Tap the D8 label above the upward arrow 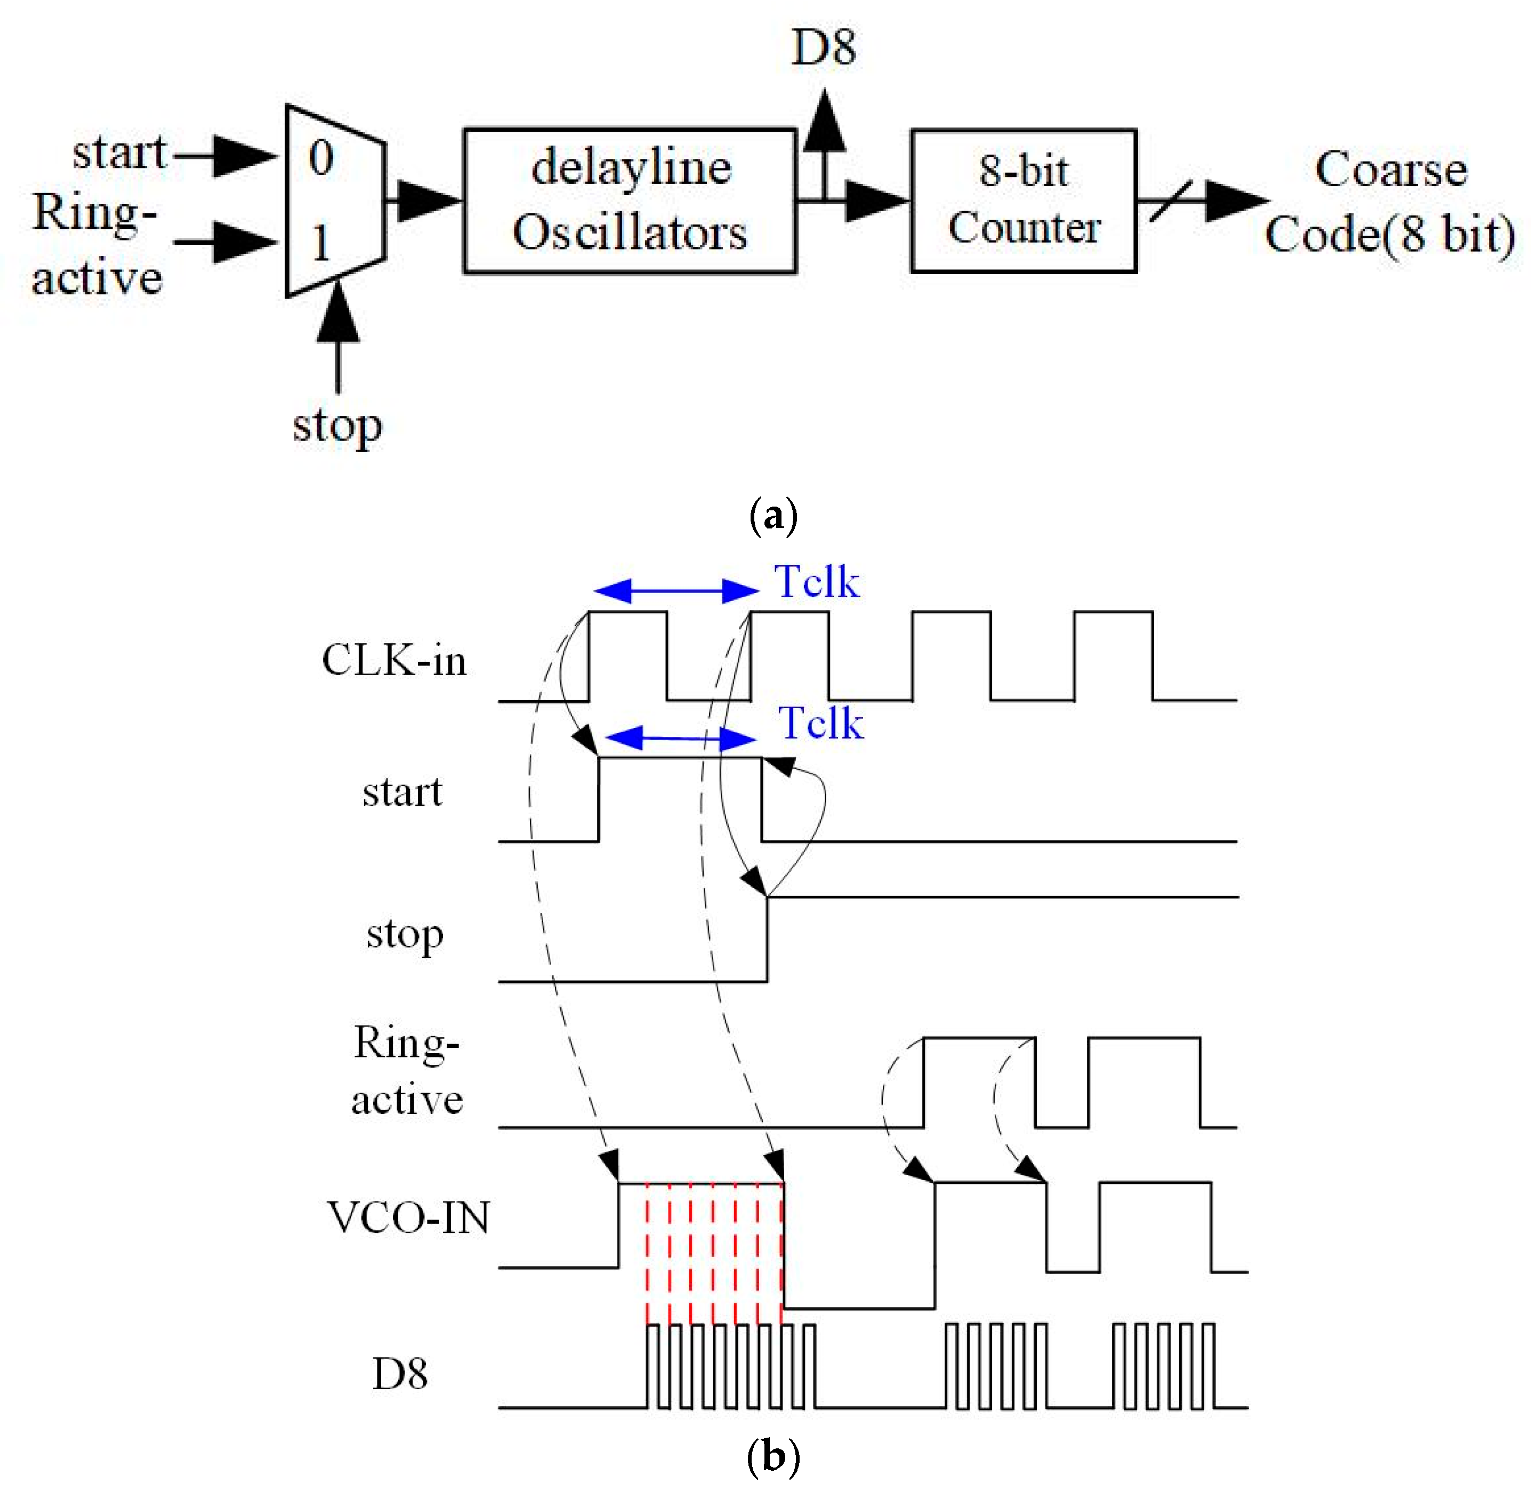[x=823, y=47]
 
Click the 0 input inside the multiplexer [x=321, y=159]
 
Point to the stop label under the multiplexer [x=337, y=427]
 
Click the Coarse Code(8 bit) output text [x=1389, y=202]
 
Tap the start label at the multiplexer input [x=119, y=152]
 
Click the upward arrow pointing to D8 [x=824, y=126]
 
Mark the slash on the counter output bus [x=1171, y=201]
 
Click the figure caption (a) [x=773, y=516]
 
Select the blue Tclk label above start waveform [x=820, y=723]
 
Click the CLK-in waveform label [x=393, y=660]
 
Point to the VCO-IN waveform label [x=408, y=1217]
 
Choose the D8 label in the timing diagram [x=399, y=1374]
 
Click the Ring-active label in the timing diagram [x=406, y=1071]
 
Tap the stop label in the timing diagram [x=405, y=934]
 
